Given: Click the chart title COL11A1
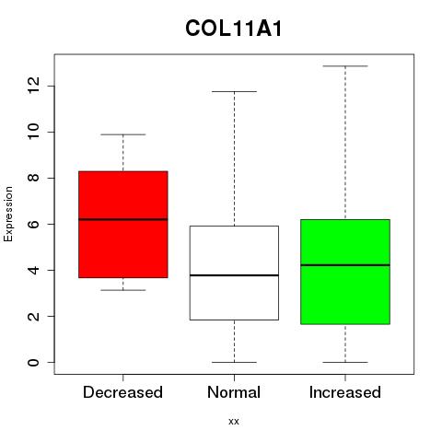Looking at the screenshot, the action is (x=234, y=29).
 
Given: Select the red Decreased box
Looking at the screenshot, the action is (x=123, y=225).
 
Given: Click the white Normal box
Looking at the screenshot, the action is (x=234, y=273).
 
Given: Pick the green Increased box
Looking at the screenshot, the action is (x=345, y=272).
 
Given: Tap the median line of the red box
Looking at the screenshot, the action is (x=123, y=219).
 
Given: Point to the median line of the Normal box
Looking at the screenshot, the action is (x=234, y=275).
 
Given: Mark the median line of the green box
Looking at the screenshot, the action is (x=345, y=265).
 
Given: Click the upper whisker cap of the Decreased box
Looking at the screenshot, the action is (x=123, y=134).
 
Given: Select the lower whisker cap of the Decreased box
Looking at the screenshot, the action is (x=123, y=290).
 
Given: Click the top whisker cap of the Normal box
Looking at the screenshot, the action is (x=234, y=91).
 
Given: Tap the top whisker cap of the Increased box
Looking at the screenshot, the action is (x=345, y=66).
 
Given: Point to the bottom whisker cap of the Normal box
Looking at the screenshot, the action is (x=234, y=362).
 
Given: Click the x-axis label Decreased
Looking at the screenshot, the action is (x=122, y=392).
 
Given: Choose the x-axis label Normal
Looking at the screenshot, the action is (x=234, y=392).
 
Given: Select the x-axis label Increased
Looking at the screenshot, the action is (x=345, y=392).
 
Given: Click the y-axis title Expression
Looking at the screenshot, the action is (x=8, y=214).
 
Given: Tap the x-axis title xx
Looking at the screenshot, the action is (x=234, y=421).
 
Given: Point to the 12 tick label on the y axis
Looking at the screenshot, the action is (x=33, y=86).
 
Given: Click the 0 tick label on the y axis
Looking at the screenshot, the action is (x=33, y=362).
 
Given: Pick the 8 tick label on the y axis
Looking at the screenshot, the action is (x=33, y=178).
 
